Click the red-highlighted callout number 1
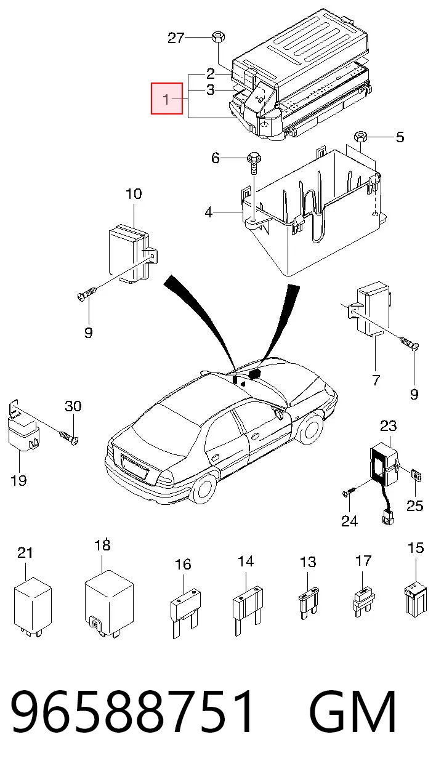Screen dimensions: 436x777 pyautogui.click(x=166, y=99)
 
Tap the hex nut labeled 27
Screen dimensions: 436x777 pyautogui.click(x=218, y=36)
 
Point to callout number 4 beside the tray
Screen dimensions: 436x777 pyautogui.click(x=208, y=212)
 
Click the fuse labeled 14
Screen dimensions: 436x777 pyautogui.click(x=248, y=611)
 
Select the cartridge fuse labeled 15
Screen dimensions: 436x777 pyautogui.click(x=416, y=599)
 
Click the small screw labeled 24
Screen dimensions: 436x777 pyautogui.click(x=349, y=491)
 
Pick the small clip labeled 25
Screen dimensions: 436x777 pyautogui.click(x=416, y=475)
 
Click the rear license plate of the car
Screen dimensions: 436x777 pyautogui.click(x=135, y=467)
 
